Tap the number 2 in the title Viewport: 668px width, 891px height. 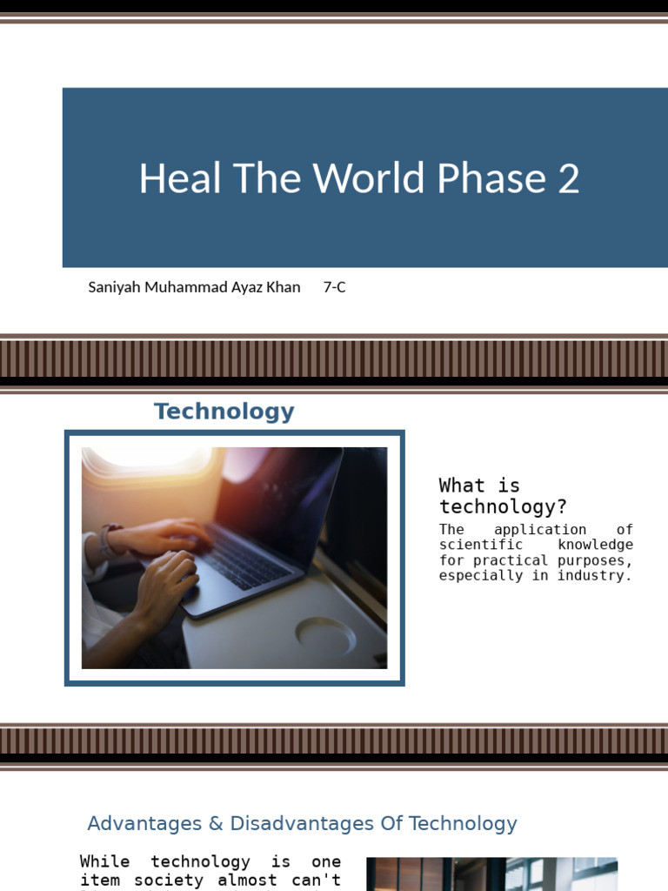568,178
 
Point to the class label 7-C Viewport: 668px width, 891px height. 334,287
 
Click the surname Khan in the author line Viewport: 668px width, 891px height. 283,287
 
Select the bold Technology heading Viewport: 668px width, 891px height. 224,412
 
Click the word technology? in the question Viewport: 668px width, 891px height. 503,506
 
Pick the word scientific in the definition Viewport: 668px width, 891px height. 481,545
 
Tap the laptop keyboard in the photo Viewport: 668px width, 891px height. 248,558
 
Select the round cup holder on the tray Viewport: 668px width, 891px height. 325,636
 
